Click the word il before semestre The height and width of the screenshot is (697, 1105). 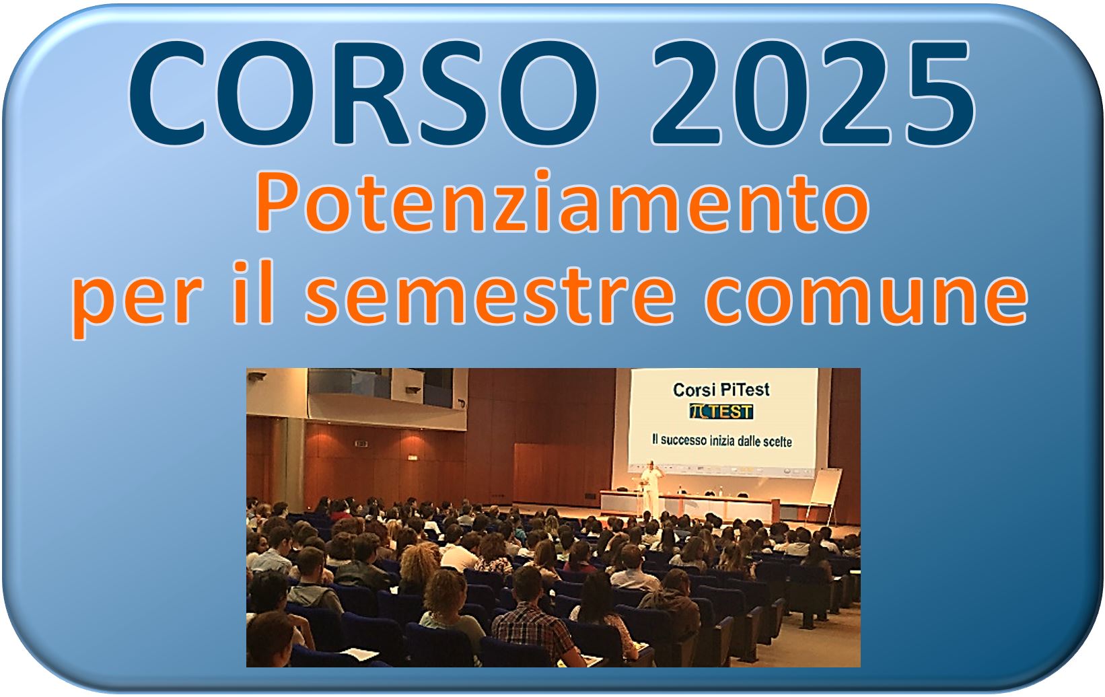(253, 291)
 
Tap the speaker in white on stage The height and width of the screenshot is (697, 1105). (652, 488)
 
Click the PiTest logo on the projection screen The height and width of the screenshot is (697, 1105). (721, 411)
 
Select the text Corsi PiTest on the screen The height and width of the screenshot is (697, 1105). (721, 390)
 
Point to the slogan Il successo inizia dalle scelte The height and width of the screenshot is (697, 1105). (721, 441)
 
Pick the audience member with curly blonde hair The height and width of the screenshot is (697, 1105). (419, 567)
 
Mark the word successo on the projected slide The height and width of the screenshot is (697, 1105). (683, 440)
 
